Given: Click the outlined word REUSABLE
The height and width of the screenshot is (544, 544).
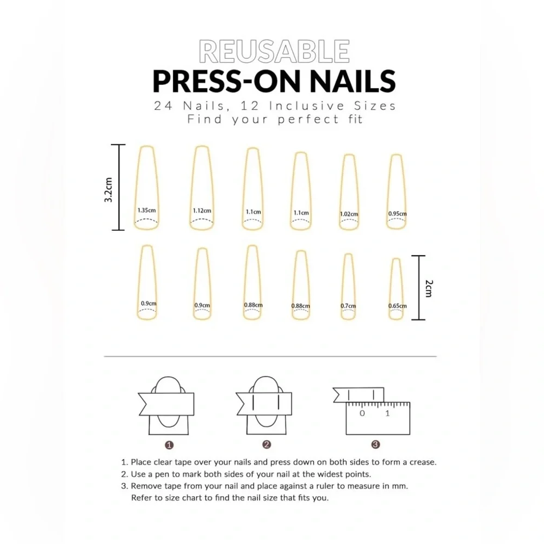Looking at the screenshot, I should [274, 52].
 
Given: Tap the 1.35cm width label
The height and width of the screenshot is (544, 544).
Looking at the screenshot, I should [147, 210].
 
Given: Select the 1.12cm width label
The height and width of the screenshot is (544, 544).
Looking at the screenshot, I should [202, 211].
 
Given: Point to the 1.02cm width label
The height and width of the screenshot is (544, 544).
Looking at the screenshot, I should [349, 214].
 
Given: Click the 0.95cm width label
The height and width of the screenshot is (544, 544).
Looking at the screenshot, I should [397, 214].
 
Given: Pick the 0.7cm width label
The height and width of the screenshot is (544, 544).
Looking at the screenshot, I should [348, 306].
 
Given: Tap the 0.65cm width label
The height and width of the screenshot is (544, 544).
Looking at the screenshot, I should [397, 306].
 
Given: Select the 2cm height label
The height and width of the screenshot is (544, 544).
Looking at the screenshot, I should [429, 288].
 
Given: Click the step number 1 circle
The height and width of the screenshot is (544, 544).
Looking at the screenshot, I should [169, 444].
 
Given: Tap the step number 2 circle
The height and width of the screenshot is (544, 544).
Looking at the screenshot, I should [267, 444].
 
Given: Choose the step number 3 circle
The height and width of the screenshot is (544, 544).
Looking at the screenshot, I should [375, 444].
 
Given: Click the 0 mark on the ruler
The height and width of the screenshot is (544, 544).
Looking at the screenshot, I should [363, 413].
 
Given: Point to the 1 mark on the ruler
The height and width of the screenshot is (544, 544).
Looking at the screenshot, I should [387, 413].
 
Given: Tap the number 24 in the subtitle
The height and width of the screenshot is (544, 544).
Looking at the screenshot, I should [161, 106].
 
